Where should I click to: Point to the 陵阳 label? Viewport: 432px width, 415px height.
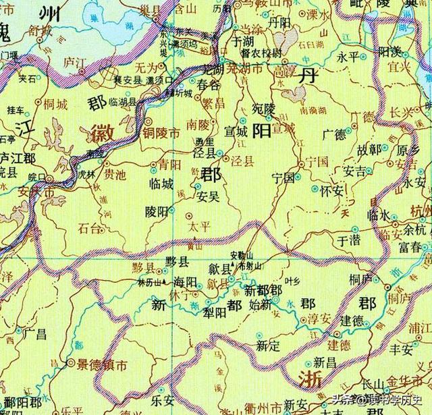[x=157, y=211]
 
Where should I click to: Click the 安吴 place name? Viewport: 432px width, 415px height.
[x=207, y=198]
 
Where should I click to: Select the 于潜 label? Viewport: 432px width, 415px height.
[x=348, y=240]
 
